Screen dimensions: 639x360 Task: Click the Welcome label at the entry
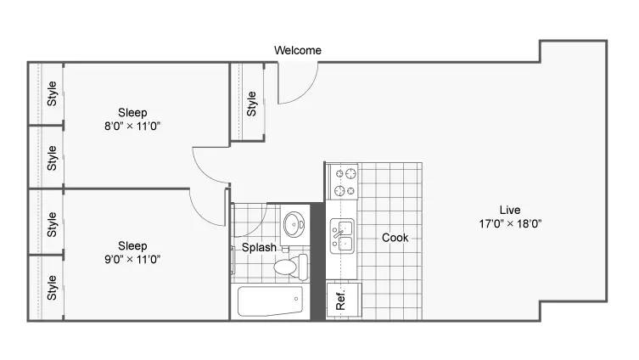click(298, 50)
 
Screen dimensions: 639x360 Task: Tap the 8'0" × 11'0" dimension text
click(132, 126)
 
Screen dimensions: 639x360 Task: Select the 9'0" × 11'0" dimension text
click(132, 259)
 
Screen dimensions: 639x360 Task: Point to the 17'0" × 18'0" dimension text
click(510, 223)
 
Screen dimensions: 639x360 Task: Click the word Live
click(510, 210)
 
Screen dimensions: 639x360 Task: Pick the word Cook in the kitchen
click(395, 238)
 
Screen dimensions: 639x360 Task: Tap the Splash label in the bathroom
click(259, 247)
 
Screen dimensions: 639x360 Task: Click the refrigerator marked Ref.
click(344, 300)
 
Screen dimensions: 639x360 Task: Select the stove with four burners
click(343, 182)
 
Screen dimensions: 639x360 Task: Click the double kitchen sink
click(342, 236)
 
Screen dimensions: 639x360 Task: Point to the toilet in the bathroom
click(291, 267)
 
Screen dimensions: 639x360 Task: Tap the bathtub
click(270, 301)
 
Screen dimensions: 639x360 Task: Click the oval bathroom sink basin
click(294, 224)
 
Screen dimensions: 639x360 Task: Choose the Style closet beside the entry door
click(247, 102)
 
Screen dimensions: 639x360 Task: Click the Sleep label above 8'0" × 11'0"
click(132, 113)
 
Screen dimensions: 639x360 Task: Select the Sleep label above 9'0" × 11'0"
click(132, 246)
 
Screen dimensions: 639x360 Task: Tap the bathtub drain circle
click(296, 299)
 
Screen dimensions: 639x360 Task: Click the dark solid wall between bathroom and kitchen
click(318, 261)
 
